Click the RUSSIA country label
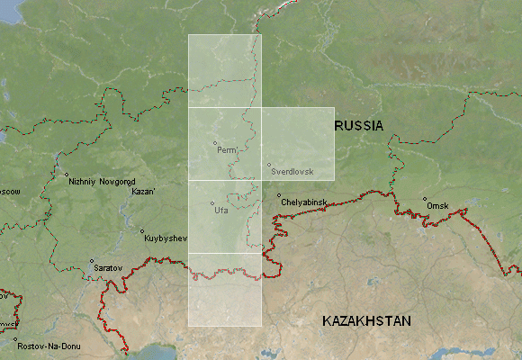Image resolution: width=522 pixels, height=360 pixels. click(x=359, y=126)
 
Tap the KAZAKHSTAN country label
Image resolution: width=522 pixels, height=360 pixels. click(x=366, y=321)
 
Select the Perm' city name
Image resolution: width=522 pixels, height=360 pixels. click(x=227, y=150)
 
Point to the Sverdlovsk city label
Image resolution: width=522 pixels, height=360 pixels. click(x=291, y=171)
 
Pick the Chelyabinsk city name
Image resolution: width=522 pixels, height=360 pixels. click(x=304, y=202)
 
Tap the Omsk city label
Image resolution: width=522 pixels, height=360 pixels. click(x=437, y=206)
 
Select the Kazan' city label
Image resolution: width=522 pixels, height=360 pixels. click(x=144, y=192)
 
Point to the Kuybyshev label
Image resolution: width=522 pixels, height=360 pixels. click(x=164, y=238)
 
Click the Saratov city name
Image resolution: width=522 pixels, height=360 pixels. click(x=105, y=268)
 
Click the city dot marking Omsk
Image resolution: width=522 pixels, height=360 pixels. click(x=425, y=199)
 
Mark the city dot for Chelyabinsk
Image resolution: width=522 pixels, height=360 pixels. click(x=279, y=195)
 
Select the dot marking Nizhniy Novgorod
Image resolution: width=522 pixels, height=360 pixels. click(x=66, y=175)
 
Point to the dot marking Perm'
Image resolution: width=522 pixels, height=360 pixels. click(x=215, y=143)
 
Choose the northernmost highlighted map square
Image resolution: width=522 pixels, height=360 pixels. click(x=224, y=71)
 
